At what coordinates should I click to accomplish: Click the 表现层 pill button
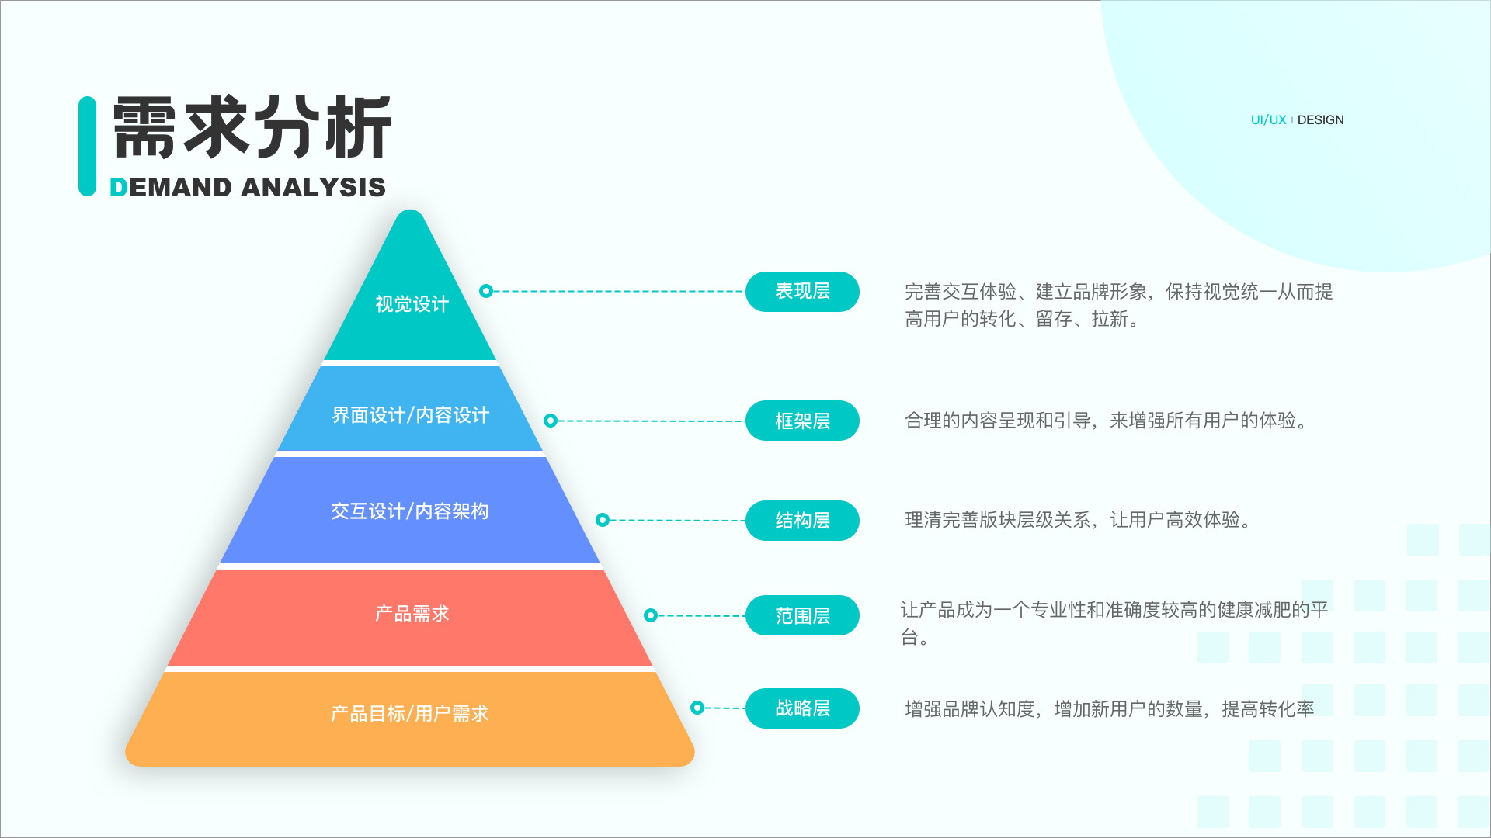[x=802, y=292]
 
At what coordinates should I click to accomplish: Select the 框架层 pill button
[x=802, y=421]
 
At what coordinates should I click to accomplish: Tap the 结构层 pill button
[x=802, y=521]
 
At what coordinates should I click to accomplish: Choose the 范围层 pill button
[x=802, y=615]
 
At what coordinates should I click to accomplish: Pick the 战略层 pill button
[x=802, y=708]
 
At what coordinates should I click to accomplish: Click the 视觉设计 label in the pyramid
[x=412, y=304]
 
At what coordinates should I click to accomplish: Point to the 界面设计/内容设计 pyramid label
[x=411, y=415]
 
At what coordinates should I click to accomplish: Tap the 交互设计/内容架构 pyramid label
[x=410, y=511]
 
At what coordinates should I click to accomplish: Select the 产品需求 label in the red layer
[x=412, y=614]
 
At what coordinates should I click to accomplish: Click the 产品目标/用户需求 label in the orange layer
[x=410, y=713]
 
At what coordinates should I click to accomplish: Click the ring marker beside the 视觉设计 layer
[x=486, y=291]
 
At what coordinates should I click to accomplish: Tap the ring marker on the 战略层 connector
[x=697, y=708]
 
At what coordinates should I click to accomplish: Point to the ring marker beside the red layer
[x=651, y=615]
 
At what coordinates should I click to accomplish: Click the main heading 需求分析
[x=252, y=128]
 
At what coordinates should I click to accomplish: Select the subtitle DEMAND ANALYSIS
[x=248, y=187]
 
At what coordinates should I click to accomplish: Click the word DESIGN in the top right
[x=1320, y=120]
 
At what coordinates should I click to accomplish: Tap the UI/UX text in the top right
[x=1268, y=120]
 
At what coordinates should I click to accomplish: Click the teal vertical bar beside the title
[x=87, y=146]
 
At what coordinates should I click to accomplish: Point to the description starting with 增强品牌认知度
[x=1110, y=709]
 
